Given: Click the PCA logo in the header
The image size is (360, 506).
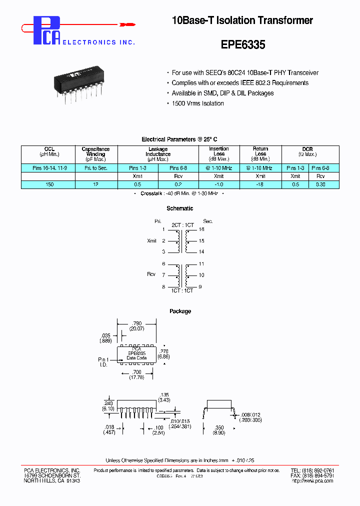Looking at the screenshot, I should coord(46,30).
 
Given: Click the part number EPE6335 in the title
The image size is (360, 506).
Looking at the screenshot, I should coord(242,44).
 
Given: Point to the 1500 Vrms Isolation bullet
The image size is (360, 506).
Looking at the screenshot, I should coord(197,103).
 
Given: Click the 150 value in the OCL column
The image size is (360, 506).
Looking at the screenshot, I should coord(48,184).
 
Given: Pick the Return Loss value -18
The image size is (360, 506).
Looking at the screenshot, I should coord(260,184).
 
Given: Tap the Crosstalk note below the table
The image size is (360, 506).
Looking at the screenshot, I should coord(180,193).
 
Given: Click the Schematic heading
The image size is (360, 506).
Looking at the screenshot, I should coord(180,208).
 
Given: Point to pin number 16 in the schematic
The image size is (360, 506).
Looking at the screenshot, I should coord(201,229).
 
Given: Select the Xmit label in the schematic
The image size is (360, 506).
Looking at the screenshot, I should coord(152,240).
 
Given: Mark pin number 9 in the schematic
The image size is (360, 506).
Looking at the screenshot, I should coord(201,286).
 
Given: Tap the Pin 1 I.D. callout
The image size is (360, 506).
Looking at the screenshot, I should coord(103,361).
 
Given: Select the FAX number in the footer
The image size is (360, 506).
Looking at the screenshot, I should coord(312,476).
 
